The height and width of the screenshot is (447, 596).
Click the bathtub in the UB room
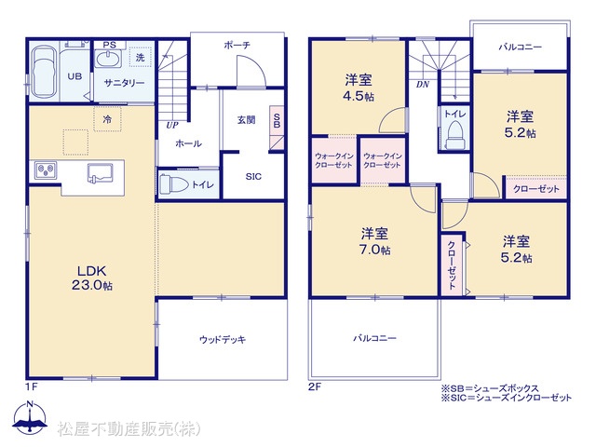(x=43, y=72)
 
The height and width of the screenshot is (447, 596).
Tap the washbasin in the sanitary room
(x=108, y=60)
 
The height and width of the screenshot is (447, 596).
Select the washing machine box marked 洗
(x=141, y=58)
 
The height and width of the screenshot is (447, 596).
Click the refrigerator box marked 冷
(x=108, y=119)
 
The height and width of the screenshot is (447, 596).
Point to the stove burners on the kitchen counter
(x=46, y=169)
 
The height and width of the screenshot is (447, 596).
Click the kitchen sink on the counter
(x=100, y=174)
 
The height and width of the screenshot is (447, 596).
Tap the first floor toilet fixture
(x=174, y=184)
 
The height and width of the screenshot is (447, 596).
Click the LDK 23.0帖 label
(x=92, y=278)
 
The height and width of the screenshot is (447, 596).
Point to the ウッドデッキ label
(x=223, y=339)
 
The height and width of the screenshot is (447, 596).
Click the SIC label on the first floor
(x=253, y=176)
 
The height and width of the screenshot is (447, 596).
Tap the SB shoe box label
(x=277, y=120)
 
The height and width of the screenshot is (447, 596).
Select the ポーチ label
(x=237, y=46)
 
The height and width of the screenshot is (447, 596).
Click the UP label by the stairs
(x=171, y=125)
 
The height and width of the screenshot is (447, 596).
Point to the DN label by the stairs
(x=422, y=85)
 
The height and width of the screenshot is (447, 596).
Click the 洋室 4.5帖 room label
(x=359, y=88)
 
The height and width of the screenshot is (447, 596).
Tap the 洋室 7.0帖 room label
(x=374, y=241)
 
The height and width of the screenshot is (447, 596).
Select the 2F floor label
(x=315, y=387)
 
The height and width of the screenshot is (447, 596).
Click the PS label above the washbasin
(x=110, y=45)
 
